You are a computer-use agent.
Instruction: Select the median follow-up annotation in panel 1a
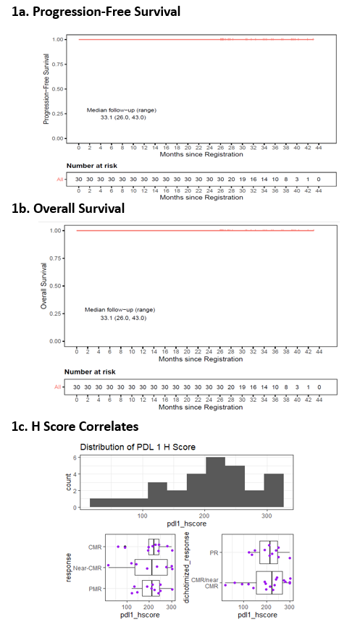click(x=121, y=113)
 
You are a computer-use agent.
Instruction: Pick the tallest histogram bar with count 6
click(x=215, y=482)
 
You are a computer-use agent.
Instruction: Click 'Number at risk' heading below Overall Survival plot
click(x=91, y=372)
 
